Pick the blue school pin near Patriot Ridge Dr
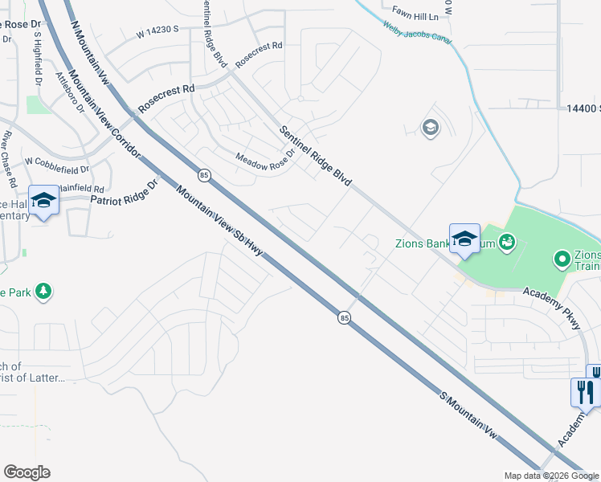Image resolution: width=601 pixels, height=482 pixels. [43, 201]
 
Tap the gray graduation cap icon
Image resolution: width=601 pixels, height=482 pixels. [430, 128]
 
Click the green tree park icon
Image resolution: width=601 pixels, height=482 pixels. [45, 291]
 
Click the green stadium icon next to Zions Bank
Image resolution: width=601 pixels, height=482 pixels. [507, 240]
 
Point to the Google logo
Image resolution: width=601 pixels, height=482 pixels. [27, 472]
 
